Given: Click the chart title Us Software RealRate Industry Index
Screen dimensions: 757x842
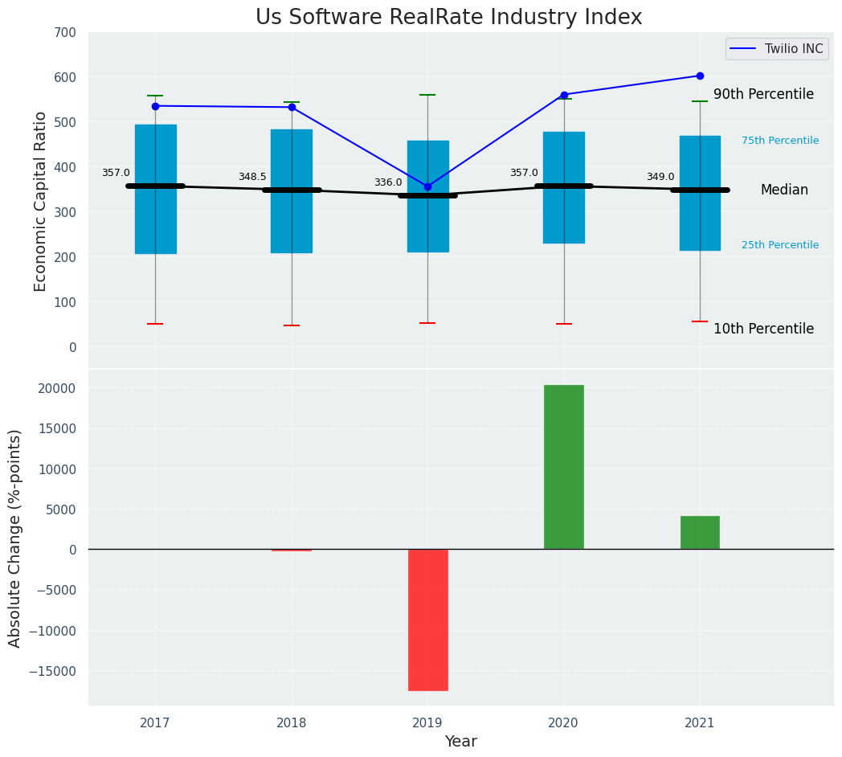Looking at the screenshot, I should click(x=448, y=18).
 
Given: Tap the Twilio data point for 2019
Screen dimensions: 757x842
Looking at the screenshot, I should click(x=427, y=186).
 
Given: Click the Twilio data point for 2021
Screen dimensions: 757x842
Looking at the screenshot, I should click(x=700, y=76).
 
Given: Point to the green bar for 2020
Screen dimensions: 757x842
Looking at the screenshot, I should click(x=564, y=467).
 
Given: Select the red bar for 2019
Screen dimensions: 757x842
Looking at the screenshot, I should click(x=427, y=620).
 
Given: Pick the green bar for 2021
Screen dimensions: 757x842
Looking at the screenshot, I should click(x=700, y=533).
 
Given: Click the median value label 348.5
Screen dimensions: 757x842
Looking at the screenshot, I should click(x=252, y=177).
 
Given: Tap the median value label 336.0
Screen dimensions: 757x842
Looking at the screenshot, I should click(x=388, y=182).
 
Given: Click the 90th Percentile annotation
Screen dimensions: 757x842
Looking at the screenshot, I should click(x=763, y=94).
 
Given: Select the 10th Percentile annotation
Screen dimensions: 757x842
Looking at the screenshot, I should click(x=763, y=329).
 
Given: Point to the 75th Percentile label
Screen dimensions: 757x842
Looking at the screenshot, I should click(x=780, y=141).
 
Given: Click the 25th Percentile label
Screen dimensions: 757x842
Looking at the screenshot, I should click(x=780, y=245).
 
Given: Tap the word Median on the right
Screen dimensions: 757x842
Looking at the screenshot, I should click(x=784, y=190).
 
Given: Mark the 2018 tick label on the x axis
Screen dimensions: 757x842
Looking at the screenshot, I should click(x=292, y=723).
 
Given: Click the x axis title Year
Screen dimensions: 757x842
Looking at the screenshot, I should click(x=461, y=742).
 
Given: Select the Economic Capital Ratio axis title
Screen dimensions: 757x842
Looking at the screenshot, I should click(x=40, y=201).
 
